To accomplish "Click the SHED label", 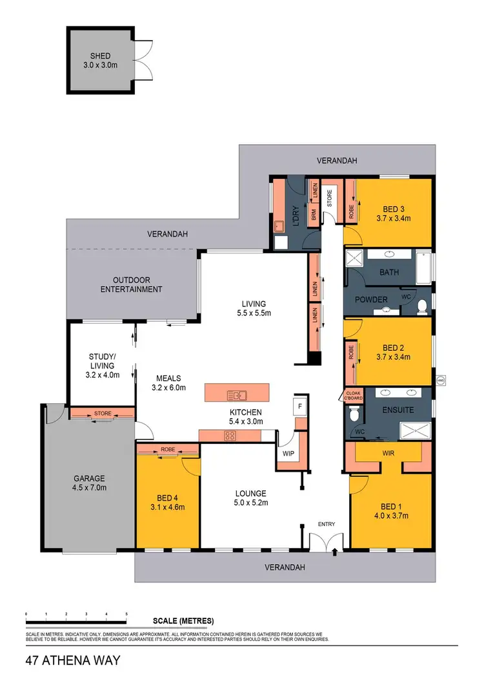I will (x=100, y=57).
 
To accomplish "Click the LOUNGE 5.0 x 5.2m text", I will (x=250, y=498).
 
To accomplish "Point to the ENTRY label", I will (x=326, y=523).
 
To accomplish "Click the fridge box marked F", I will (x=300, y=406).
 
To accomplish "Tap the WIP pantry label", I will (x=288, y=454).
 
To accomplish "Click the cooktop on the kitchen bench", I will (x=229, y=436).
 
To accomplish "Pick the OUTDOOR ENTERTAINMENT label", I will (x=131, y=284).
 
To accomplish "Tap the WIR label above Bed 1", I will (x=388, y=453).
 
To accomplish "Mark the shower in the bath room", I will (x=355, y=260).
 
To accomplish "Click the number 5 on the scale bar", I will (x=126, y=613).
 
